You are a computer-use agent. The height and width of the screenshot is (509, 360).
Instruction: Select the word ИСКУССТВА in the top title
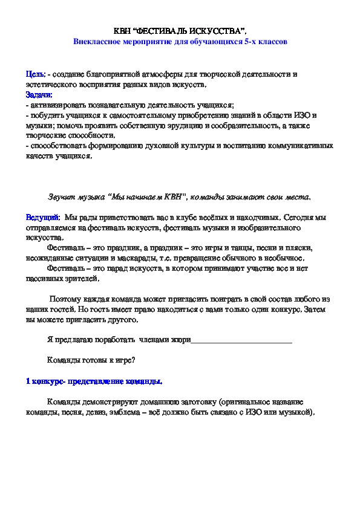point(217,30)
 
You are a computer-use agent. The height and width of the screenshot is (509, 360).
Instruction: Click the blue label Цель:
point(35,74)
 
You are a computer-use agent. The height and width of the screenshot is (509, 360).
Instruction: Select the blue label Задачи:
point(39,94)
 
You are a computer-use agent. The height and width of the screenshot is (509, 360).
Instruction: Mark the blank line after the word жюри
point(241,340)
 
